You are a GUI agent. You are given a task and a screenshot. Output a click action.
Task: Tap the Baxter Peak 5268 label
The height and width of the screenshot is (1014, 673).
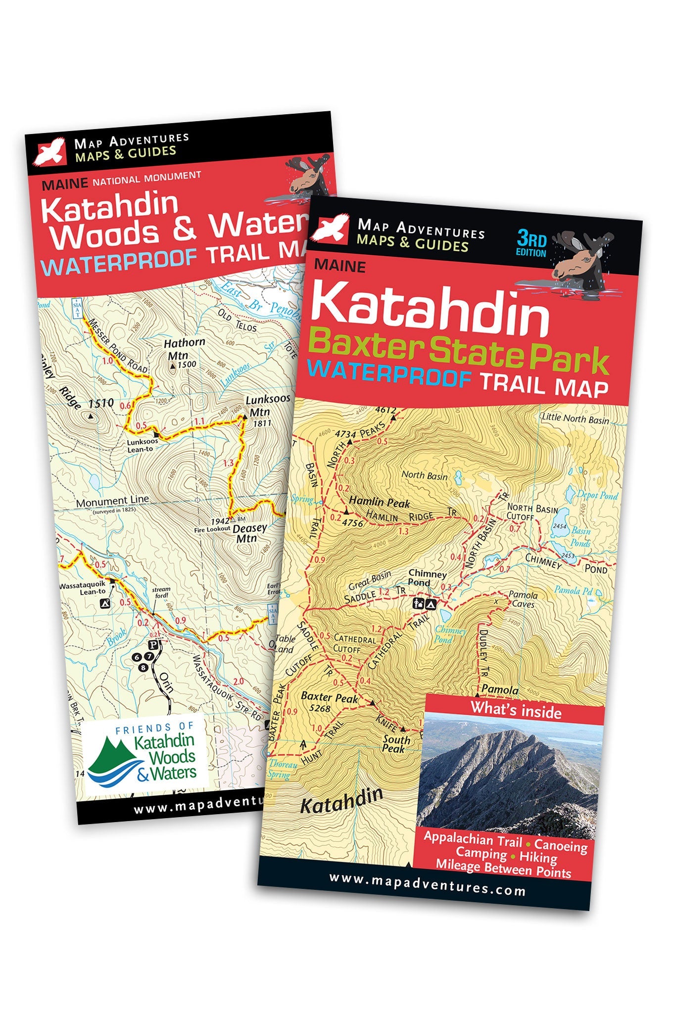pyautogui.click(x=329, y=701)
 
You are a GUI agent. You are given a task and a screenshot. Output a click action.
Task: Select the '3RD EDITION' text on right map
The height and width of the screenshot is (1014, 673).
pyautogui.click(x=531, y=244)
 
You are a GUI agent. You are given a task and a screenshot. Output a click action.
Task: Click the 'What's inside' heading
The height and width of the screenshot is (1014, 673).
pyautogui.click(x=516, y=710)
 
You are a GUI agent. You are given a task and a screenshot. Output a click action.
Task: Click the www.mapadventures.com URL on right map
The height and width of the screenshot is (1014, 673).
pyautogui.click(x=427, y=889)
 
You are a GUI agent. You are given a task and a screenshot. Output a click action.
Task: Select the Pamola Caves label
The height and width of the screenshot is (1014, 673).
pyautogui.click(x=523, y=599)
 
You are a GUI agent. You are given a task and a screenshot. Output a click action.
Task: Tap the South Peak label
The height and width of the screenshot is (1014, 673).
pyautogui.click(x=396, y=744)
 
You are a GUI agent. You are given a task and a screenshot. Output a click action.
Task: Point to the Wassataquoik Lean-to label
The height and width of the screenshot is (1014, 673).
pyautogui.click(x=83, y=588)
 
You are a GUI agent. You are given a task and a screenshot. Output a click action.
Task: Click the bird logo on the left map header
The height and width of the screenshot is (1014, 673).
pyautogui.click(x=49, y=150)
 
